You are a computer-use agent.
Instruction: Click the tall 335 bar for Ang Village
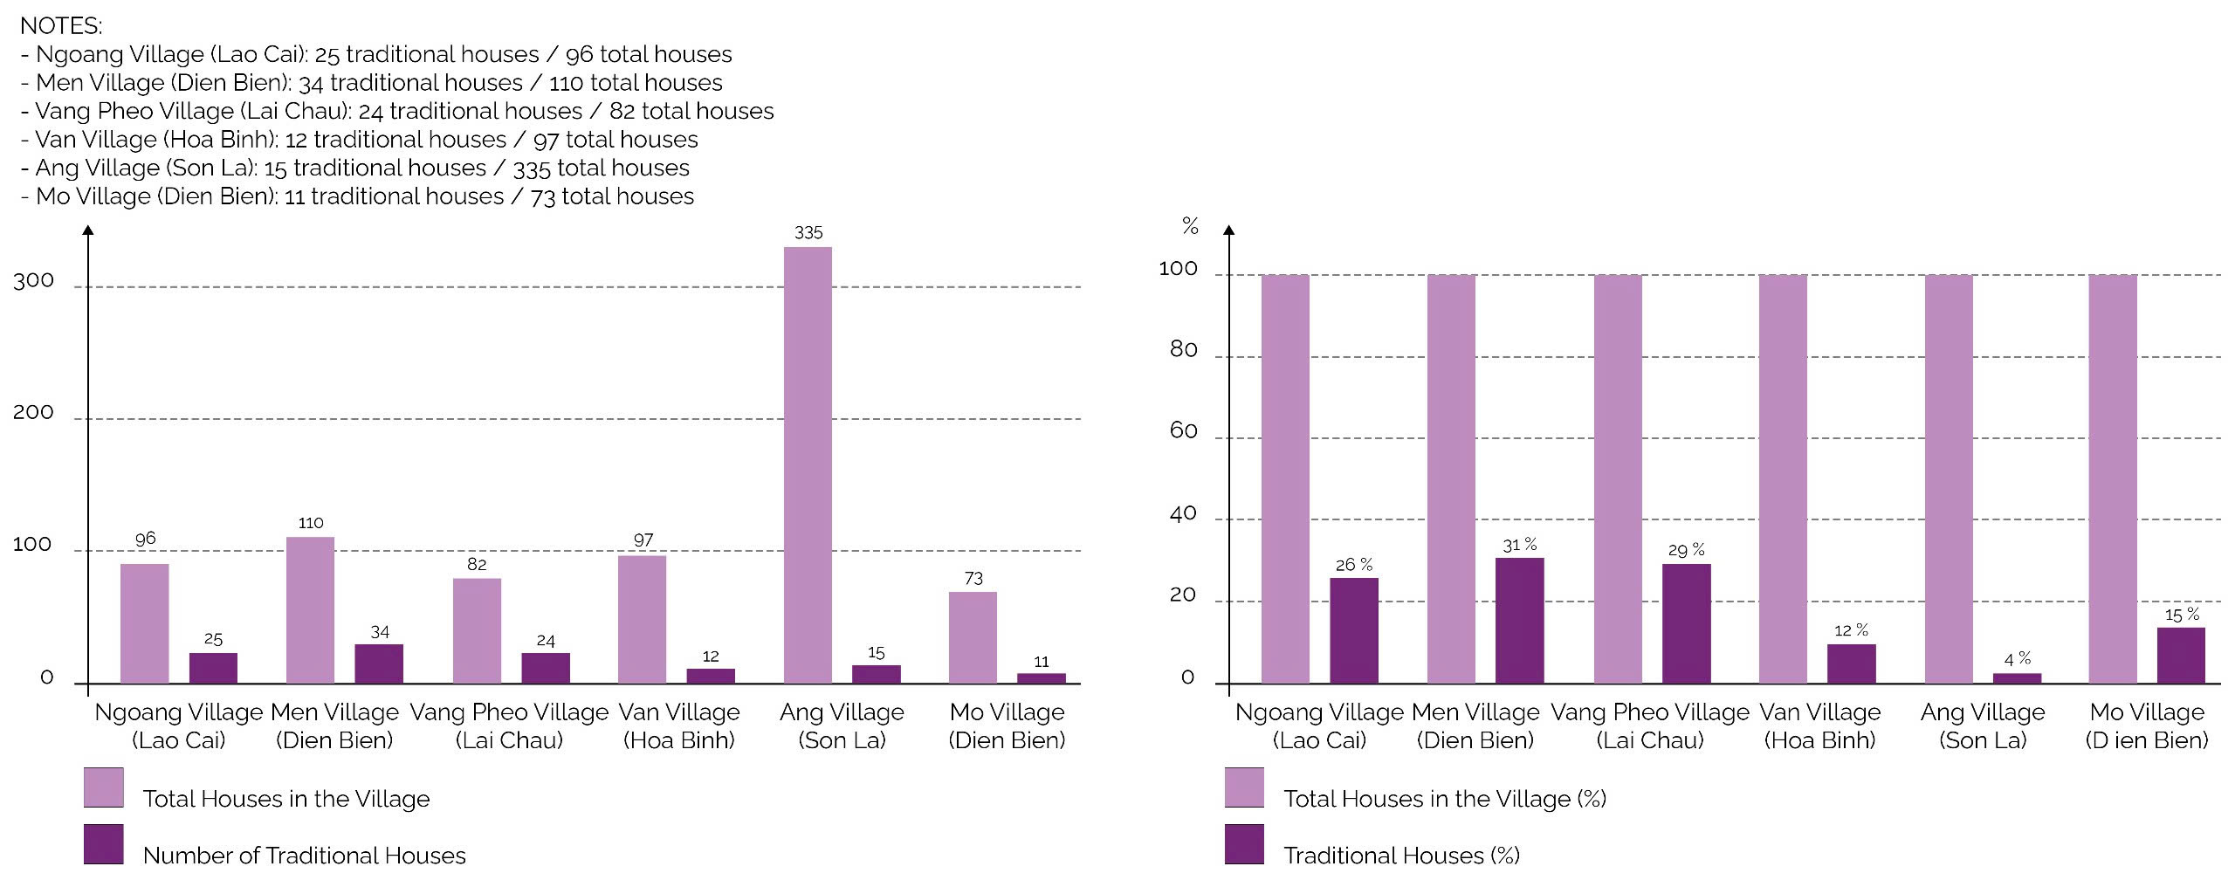point(808,464)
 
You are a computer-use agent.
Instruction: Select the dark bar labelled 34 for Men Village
point(379,663)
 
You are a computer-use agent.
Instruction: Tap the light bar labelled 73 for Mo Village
point(973,637)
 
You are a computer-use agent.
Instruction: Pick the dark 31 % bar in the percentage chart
point(1519,620)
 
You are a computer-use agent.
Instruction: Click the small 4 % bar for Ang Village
point(2017,677)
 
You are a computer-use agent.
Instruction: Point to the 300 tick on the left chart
point(33,281)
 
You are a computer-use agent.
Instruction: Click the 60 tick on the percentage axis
point(1183,431)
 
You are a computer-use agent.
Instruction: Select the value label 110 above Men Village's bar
point(311,523)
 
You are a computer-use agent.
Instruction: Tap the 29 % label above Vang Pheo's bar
point(1686,550)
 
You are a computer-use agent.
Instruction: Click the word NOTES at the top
point(61,26)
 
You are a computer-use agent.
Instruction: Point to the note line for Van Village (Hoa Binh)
point(360,140)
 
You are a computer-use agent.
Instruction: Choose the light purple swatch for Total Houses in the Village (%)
point(1244,787)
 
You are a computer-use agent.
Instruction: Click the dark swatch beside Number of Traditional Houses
point(104,844)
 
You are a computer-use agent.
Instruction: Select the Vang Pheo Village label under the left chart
point(509,726)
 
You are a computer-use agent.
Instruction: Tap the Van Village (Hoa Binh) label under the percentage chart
point(1819,726)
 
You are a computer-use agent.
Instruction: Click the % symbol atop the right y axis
point(1190,226)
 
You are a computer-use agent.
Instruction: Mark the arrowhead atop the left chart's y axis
point(88,230)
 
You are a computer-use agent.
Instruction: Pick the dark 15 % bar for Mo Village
point(2181,655)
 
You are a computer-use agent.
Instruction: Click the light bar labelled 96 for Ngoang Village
point(145,623)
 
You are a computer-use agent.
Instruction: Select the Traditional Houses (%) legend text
point(1401,855)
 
